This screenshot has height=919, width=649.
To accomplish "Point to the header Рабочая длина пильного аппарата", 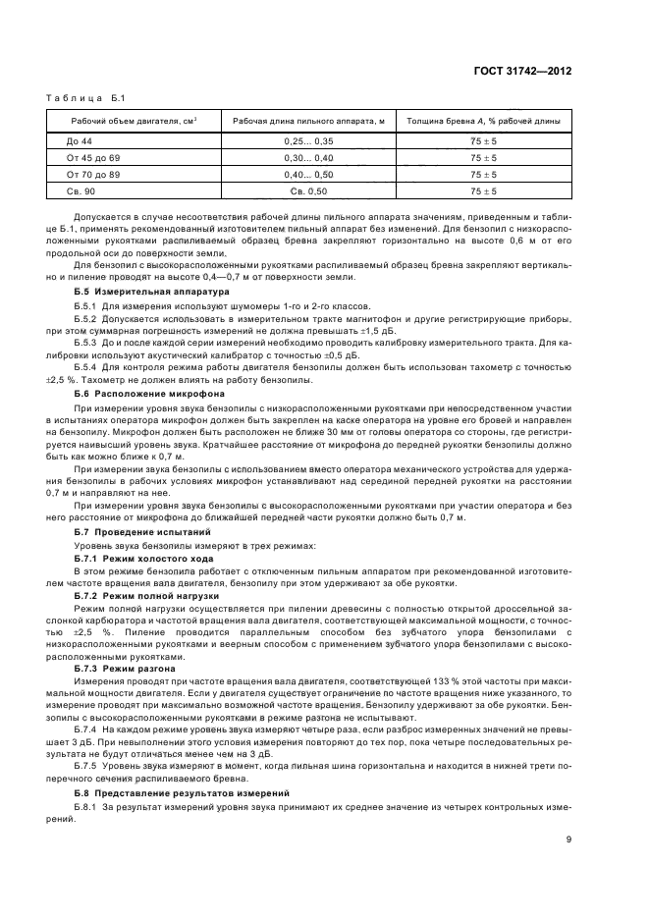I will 307,121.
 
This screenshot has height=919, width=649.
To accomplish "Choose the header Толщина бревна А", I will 483,121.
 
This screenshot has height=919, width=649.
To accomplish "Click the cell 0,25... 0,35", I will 307,141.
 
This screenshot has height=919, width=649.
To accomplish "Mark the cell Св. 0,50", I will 307,190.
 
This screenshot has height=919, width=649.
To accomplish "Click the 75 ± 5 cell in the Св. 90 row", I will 483,190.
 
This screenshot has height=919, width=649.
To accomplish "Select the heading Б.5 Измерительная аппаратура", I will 151,292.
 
